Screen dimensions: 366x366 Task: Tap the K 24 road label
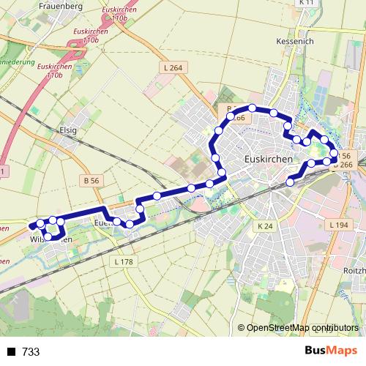pyautogui.click(x=265, y=226)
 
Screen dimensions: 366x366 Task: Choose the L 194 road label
pyautogui.click(x=337, y=224)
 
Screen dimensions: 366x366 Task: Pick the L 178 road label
pyautogui.click(x=123, y=261)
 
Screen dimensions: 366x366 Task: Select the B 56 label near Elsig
pyautogui.click(x=91, y=179)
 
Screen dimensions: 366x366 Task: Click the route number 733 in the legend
pyautogui.click(x=31, y=352)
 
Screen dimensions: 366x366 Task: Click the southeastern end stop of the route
pyautogui.click(x=291, y=182)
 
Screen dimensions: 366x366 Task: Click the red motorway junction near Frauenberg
pyautogui.click(x=76, y=50)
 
